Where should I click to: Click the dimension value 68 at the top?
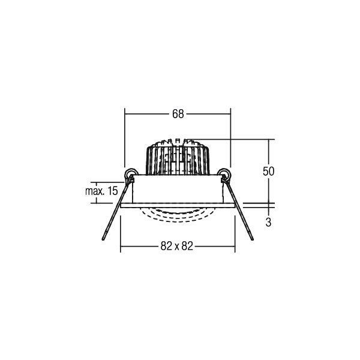coord(178,114)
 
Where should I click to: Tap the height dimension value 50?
coord(268,171)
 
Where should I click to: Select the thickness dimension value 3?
coord(268,222)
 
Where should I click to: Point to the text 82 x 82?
coord(177,246)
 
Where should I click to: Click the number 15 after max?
coord(113,191)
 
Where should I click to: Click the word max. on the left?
coord(94,191)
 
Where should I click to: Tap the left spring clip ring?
coord(131,174)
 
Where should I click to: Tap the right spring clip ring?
coord(223,174)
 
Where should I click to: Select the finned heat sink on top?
coord(178,157)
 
